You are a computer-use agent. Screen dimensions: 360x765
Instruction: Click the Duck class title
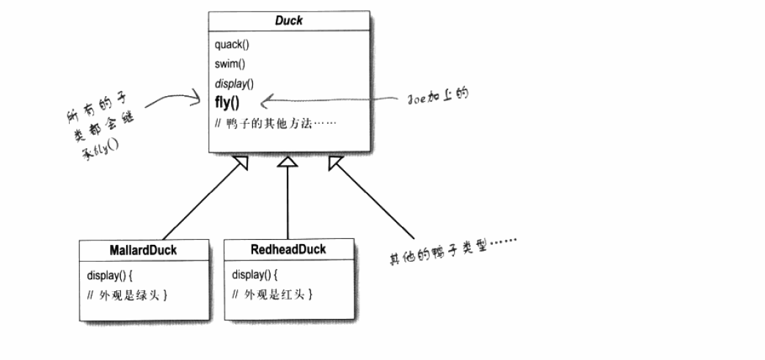288,21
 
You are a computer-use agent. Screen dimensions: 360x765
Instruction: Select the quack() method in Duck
233,45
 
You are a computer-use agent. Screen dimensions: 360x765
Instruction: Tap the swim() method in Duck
230,64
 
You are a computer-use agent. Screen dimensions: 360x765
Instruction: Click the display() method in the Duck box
234,83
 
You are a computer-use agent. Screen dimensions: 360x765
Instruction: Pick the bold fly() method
228,100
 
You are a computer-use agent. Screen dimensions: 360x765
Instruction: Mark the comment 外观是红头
273,295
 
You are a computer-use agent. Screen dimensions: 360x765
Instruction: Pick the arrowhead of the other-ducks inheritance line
334,162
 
